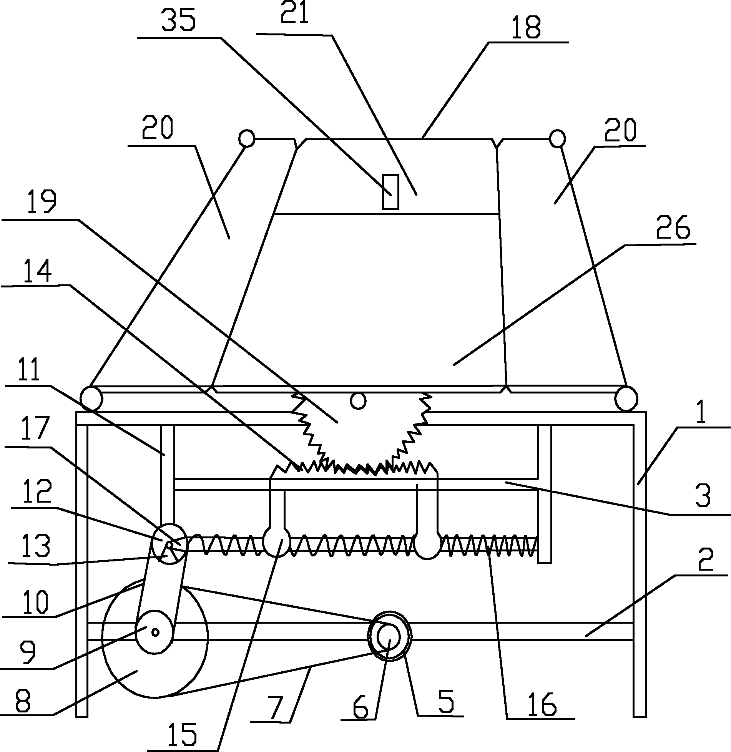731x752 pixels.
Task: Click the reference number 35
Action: pos(178,21)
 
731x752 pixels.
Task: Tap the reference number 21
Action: pos(295,13)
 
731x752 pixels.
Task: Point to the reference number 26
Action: pos(673,228)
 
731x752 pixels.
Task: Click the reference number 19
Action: pos(42,202)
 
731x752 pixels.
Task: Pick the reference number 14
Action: pos(38,271)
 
